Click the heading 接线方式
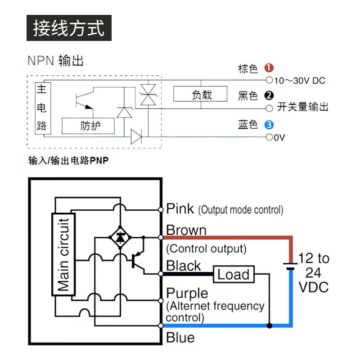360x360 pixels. [x=69, y=28]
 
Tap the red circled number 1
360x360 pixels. [x=269, y=68]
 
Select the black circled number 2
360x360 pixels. [x=269, y=95]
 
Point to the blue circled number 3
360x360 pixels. [x=269, y=125]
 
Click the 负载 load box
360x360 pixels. [x=202, y=95]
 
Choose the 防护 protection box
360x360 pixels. [x=88, y=126]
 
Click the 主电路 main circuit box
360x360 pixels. [x=41, y=108]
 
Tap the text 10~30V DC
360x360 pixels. [x=299, y=81]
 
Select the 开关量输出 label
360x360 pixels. [x=302, y=107]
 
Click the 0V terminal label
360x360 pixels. [x=279, y=137]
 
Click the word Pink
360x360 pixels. [x=180, y=209]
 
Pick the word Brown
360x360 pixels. [x=186, y=230]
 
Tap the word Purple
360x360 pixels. [x=187, y=293]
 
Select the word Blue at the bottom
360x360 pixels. [x=180, y=337]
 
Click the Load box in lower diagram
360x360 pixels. [x=234, y=274]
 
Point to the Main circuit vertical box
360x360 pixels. [x=64, y=255]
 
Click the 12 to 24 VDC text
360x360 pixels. [x=314, y=272]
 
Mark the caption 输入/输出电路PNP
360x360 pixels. [x=68, y=161]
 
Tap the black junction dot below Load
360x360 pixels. [x=269, y=325]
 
